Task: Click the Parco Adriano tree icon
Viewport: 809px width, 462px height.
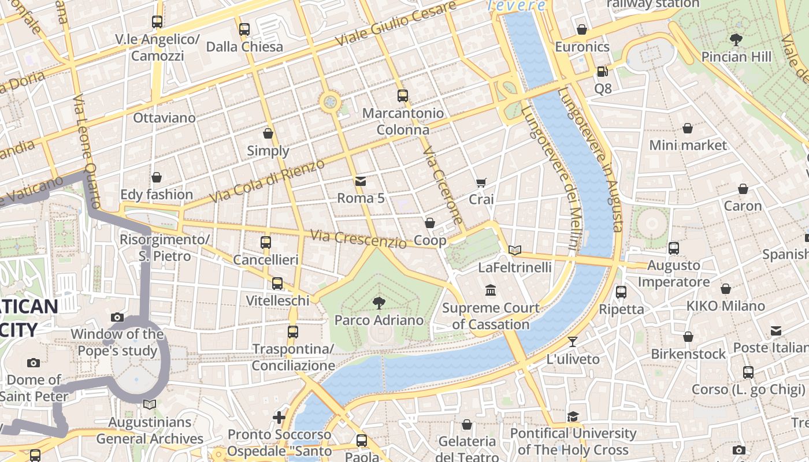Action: tap(379, 301)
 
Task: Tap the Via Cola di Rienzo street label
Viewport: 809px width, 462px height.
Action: tap(267, 181)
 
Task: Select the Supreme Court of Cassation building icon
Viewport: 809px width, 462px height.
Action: tap(491, 290)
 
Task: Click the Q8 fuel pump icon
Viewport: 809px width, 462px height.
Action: tap(602, 72)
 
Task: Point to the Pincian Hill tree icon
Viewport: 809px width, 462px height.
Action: tap(736, 40)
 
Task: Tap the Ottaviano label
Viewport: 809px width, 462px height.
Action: tap(164, 118)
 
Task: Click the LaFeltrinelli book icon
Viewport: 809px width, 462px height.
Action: tap(515, 250)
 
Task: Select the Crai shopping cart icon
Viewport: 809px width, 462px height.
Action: tap(481, 182)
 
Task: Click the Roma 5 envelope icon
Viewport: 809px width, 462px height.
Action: tap(361, 181)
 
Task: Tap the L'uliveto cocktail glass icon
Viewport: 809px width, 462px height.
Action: tap(573, 342)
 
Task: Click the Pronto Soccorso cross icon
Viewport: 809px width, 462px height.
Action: tap(279, 417)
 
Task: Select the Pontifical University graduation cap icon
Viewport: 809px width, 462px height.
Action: tap(573, 416)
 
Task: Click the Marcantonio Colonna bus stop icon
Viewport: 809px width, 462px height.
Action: tap(403, 96)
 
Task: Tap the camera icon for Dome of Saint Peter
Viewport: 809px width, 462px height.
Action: tap(34, 363)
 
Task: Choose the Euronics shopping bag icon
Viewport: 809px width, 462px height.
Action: tap(582, 29)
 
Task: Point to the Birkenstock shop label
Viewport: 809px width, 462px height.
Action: tap(688, 353)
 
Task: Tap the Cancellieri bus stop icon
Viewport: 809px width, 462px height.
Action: tap(265, 243)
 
